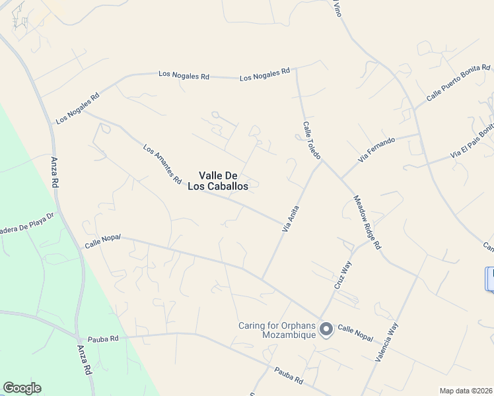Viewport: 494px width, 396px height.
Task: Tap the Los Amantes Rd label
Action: [162, 164]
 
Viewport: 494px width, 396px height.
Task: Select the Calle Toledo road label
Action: [312, 140]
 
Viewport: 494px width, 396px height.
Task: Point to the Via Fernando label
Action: [376, 150]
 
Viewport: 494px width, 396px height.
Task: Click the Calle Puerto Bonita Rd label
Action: [458, 82]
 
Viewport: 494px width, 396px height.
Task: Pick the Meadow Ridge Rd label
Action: [367, 222]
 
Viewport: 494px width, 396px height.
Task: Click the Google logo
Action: [22, 388]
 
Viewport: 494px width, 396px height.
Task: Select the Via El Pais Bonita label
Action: [472, 143]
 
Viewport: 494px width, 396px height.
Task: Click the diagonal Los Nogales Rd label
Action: [78, 108]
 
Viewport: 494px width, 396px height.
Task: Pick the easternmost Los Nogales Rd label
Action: [265, 75]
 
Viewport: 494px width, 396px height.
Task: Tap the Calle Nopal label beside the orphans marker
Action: [355, 332]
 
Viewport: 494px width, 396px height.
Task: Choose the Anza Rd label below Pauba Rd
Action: [84, 360]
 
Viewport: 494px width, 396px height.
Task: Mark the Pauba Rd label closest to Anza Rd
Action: [105, 338]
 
